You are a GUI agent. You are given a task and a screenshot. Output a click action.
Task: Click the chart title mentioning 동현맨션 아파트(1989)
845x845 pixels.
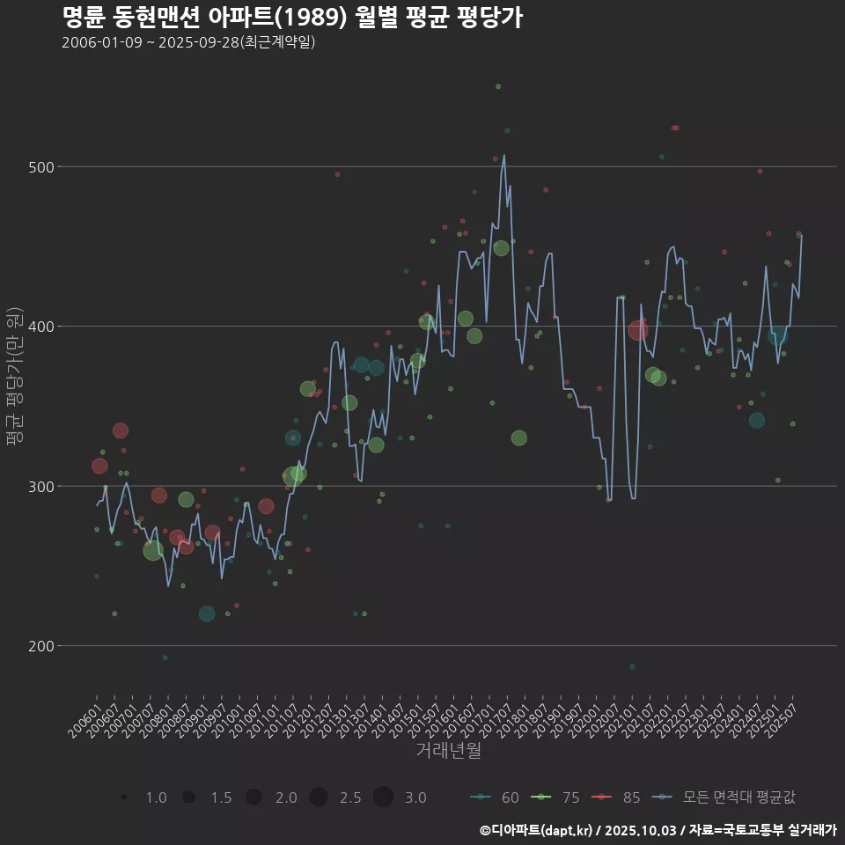(x=292, y=17)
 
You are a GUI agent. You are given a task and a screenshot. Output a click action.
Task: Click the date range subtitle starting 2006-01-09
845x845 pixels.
(x=188, y=42)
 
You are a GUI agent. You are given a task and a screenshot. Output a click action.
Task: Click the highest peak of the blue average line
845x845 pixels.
(x=504, y=156)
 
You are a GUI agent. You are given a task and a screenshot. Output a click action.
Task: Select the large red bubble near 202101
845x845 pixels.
(x=638, y=330)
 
